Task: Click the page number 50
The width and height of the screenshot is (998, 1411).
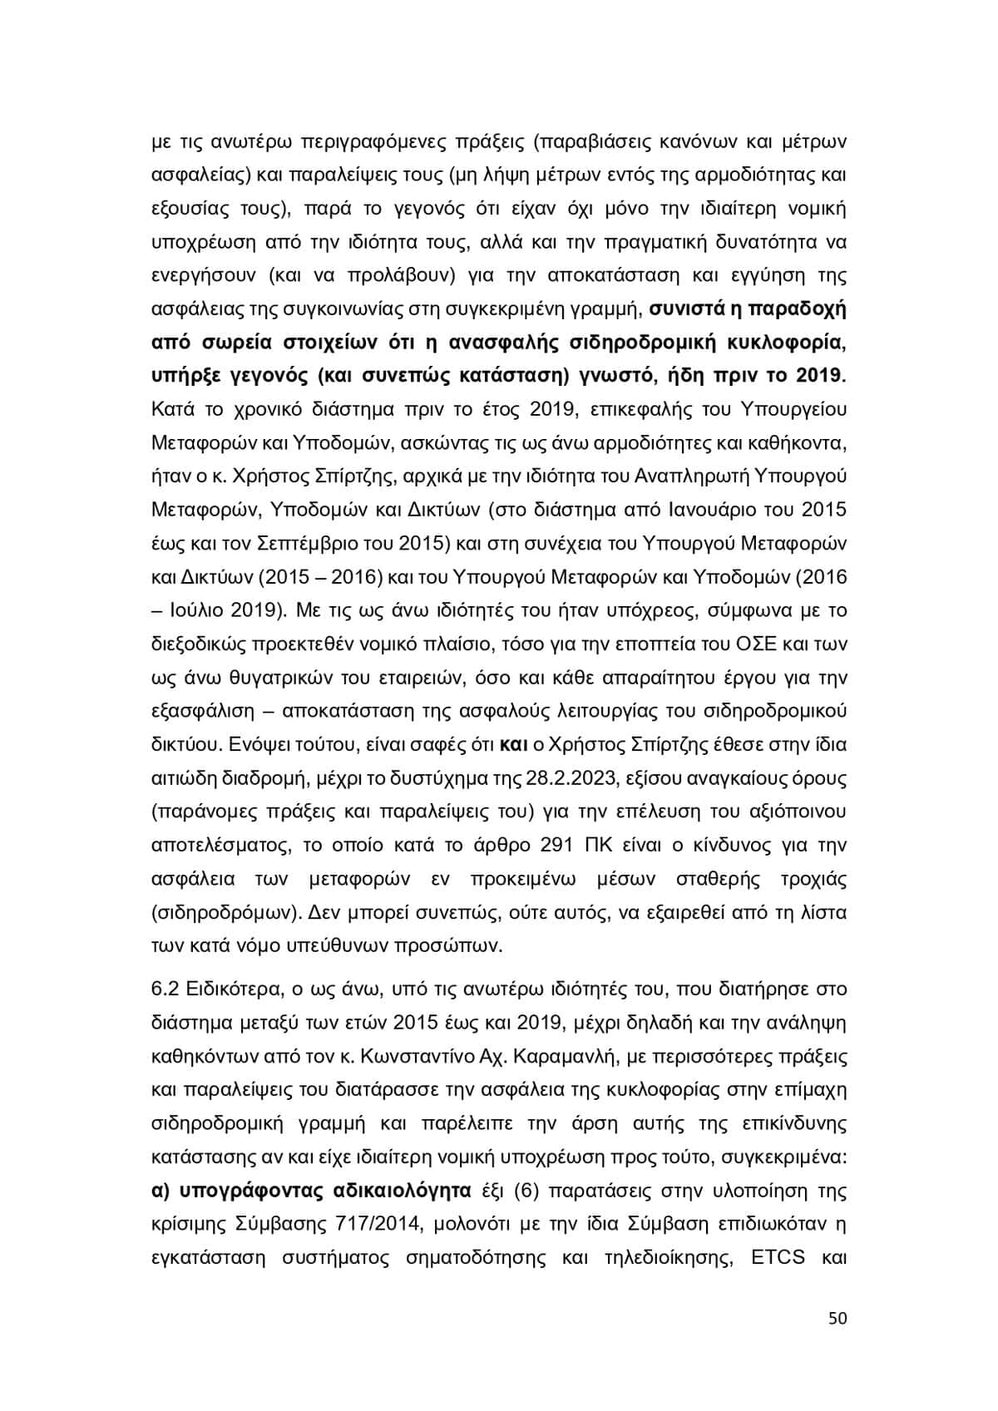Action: pos(837,1319)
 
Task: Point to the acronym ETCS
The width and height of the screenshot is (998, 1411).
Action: pos(778,1257)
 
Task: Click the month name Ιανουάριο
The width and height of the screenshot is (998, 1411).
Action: pos(708,510)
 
